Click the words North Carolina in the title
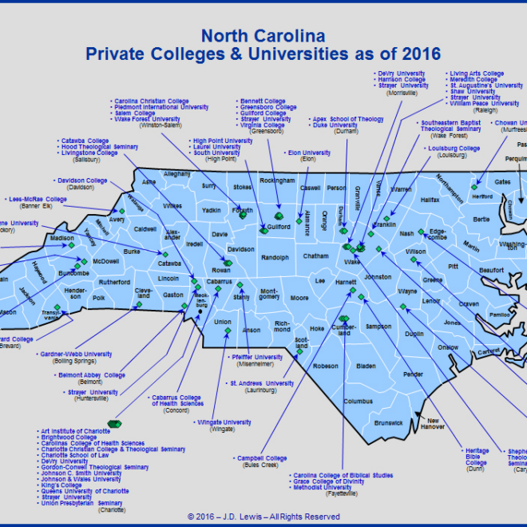pyautogui.click(x=263, y=36)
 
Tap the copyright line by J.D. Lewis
pyautogui.click(x=263, y=517)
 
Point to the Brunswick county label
pyautogui.click(x=388, y=422)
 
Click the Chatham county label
pyautogui.click(x=316, y=256)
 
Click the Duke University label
pyautogui.click(x=335, y=125)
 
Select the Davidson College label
pyautogui.click(x=80, y=180)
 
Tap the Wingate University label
pyautogui.click(x=224, y=422)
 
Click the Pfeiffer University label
pyautogui.click(x=256, y=357)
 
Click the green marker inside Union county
pyautogui.click(x=228, y=331)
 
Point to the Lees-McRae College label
pyautogui.click(x=38, y=200)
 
